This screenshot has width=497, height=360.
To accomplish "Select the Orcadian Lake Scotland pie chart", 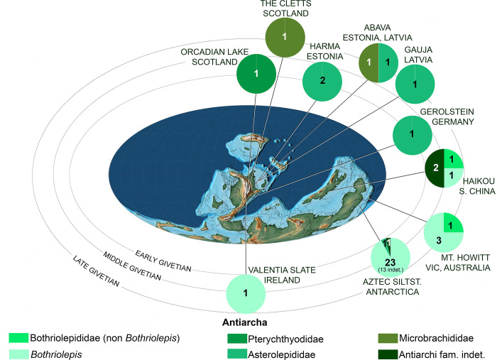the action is pos(257,74).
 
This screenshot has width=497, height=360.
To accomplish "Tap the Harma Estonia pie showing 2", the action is pos(323,80).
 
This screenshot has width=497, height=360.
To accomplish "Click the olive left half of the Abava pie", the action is pos(368,63).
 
